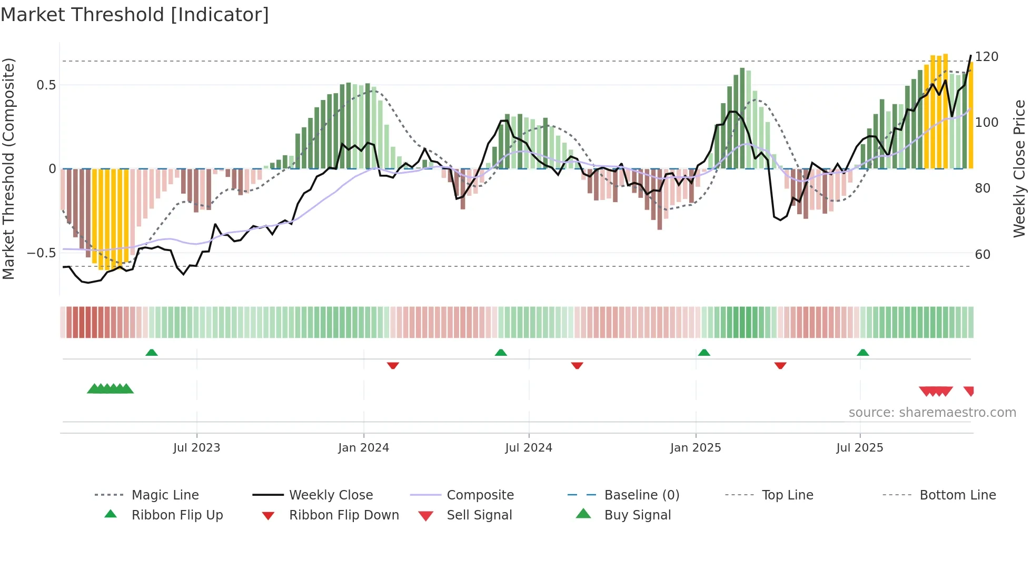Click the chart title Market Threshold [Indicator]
click(x=135, y=15)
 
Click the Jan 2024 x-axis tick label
click(x=363, y=448)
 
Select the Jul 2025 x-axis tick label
click(x=859, y=448)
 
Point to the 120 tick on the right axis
click(x=986, y=57)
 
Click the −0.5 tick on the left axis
click(x=41, y=253)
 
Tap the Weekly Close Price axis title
click(x=1019, y=168)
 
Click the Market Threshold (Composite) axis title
click(x=8, y=168)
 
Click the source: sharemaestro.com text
click(x=932, y=413)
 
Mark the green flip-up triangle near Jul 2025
click(x=862, y=353)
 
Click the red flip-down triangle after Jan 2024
click(x=393, y=365)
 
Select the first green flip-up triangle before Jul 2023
click(x=152, y=353)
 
